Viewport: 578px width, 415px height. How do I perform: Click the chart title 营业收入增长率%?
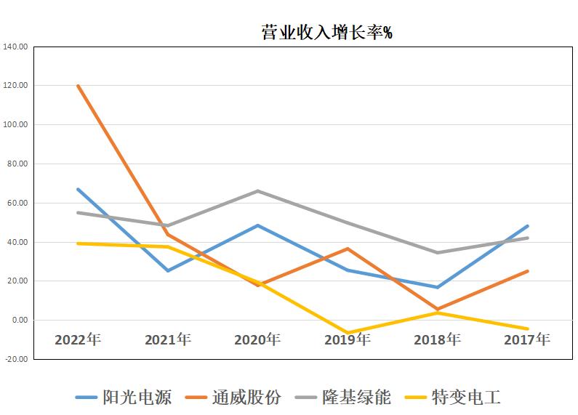(x=326, y=33)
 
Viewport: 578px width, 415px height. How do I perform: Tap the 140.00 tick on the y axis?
(x=15, y=47)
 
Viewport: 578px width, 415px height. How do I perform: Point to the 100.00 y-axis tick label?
(x=15, y=125)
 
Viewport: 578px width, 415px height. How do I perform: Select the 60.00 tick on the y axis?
(x=17, y=203)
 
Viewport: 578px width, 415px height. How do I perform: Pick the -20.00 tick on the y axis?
(x=15, y=359)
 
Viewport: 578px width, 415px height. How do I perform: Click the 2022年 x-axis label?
(x=77, y=339)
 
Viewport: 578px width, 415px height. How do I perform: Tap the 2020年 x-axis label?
(x=257, y=339)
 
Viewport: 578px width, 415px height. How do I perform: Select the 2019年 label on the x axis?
(x=348, y=339)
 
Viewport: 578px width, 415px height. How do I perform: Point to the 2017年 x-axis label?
(x=527, y=339)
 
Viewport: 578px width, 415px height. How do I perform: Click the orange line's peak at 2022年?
(x=77, y=86)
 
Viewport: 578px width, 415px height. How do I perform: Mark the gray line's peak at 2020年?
(x=257, y=191)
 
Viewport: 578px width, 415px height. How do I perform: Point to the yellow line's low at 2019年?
(x=348, y=333)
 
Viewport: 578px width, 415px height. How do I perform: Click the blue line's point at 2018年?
(x=438, y=287)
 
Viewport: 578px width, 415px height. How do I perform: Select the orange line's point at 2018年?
(x=438, y=309)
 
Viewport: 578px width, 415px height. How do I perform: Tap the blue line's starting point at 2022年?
(x=77, y=189)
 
